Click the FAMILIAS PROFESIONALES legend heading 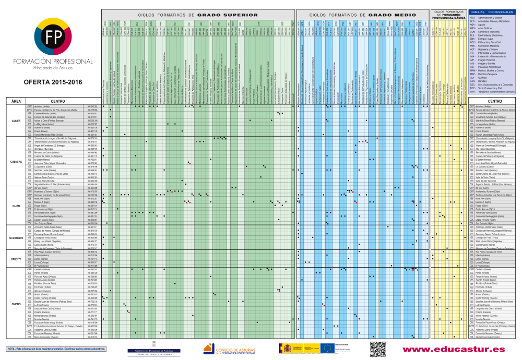(492, 11)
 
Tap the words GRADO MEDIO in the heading (392, 15)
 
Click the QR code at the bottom (378, 349)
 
